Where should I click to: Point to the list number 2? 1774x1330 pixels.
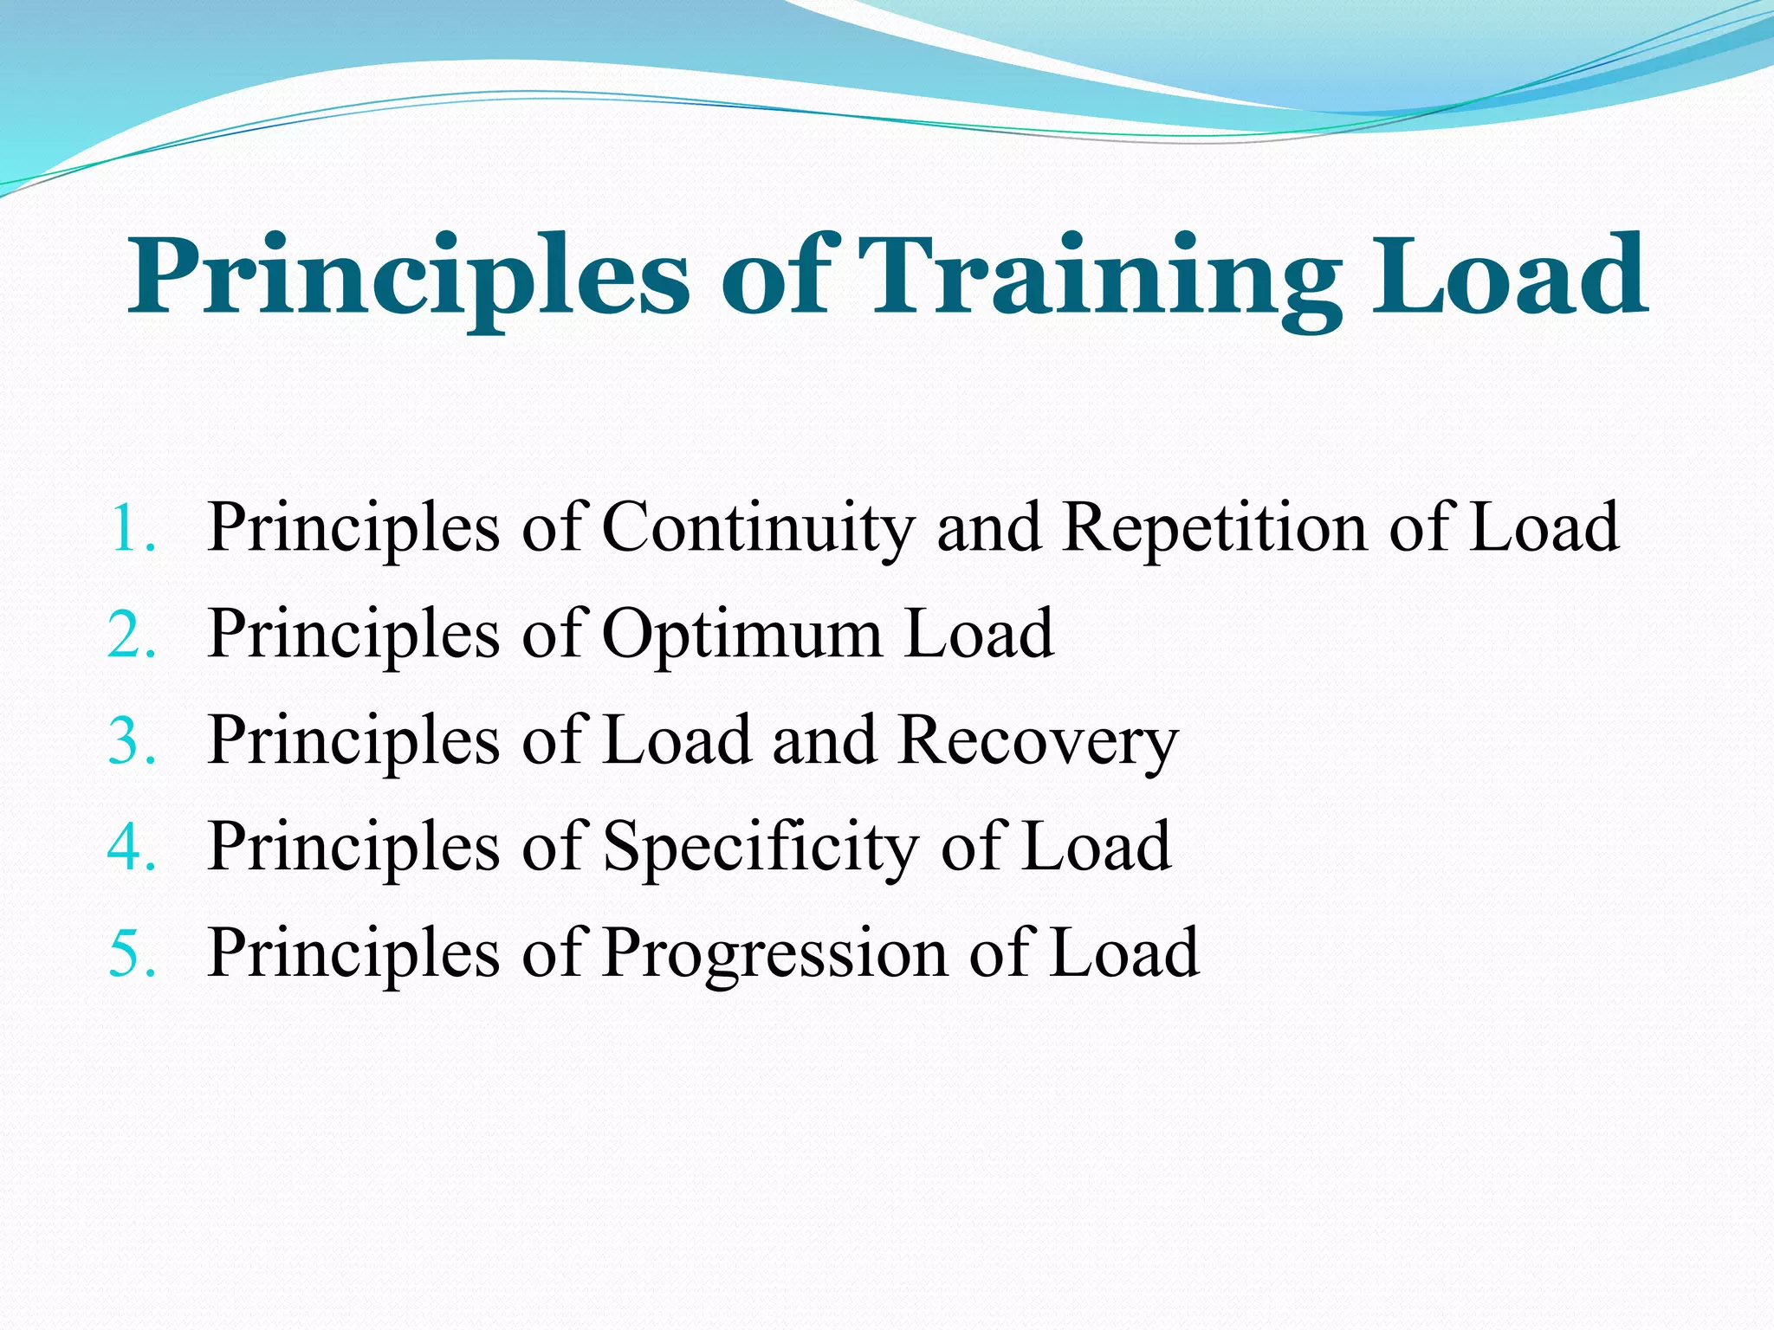(133, 635)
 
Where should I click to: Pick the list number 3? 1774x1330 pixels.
(133, 741)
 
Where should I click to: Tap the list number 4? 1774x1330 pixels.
(133, 847)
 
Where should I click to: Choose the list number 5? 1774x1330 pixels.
(133, 953)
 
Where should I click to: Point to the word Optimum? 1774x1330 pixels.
(741, 635)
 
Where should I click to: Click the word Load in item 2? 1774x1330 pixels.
(979, 635)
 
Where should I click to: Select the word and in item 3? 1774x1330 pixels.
(823, 741)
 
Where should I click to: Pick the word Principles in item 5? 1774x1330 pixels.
(353, 953)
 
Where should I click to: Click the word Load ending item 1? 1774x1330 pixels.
(1544, 528)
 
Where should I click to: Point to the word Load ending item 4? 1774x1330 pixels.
(1097, 847)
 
